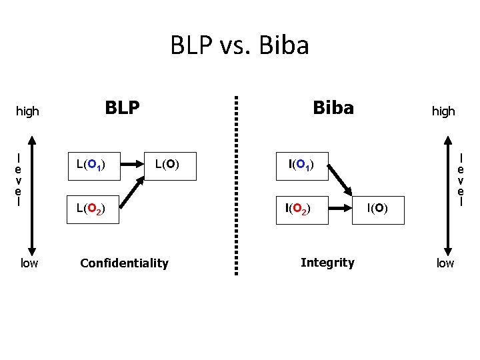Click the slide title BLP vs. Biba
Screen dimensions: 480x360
click(239, 46)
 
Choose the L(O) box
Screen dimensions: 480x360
click(171, 164)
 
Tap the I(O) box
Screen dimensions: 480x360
click(377, 209)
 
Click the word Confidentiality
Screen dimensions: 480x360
click(124, 263)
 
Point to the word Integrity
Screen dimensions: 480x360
click(327, 263)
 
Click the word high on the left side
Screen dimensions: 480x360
click(27, 111)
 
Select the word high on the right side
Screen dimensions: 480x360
click(443, 111)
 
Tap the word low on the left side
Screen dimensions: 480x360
click(29, 263)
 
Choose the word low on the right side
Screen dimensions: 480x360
click(445, 263)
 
